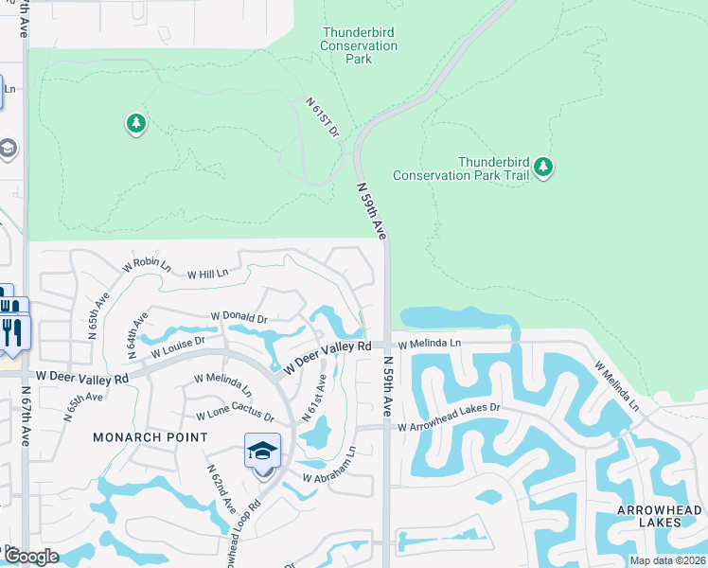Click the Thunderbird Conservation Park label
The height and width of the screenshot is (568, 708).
[358, 45]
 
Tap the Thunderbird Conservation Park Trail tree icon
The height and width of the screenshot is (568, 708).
[542, 168]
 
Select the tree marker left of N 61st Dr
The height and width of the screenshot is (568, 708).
[136, 123]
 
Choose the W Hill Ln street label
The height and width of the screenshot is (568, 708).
[208, 274]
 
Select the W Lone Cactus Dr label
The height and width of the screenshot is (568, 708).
[235, 417]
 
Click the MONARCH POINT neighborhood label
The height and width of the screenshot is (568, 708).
[150, 437]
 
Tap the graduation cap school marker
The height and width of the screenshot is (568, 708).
[262, 451]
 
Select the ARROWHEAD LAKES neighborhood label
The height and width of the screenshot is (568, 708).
[660, 516]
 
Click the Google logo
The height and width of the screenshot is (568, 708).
[31, 557]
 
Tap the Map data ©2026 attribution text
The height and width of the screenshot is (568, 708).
[666, 560]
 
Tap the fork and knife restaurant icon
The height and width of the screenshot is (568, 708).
[12, 330]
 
